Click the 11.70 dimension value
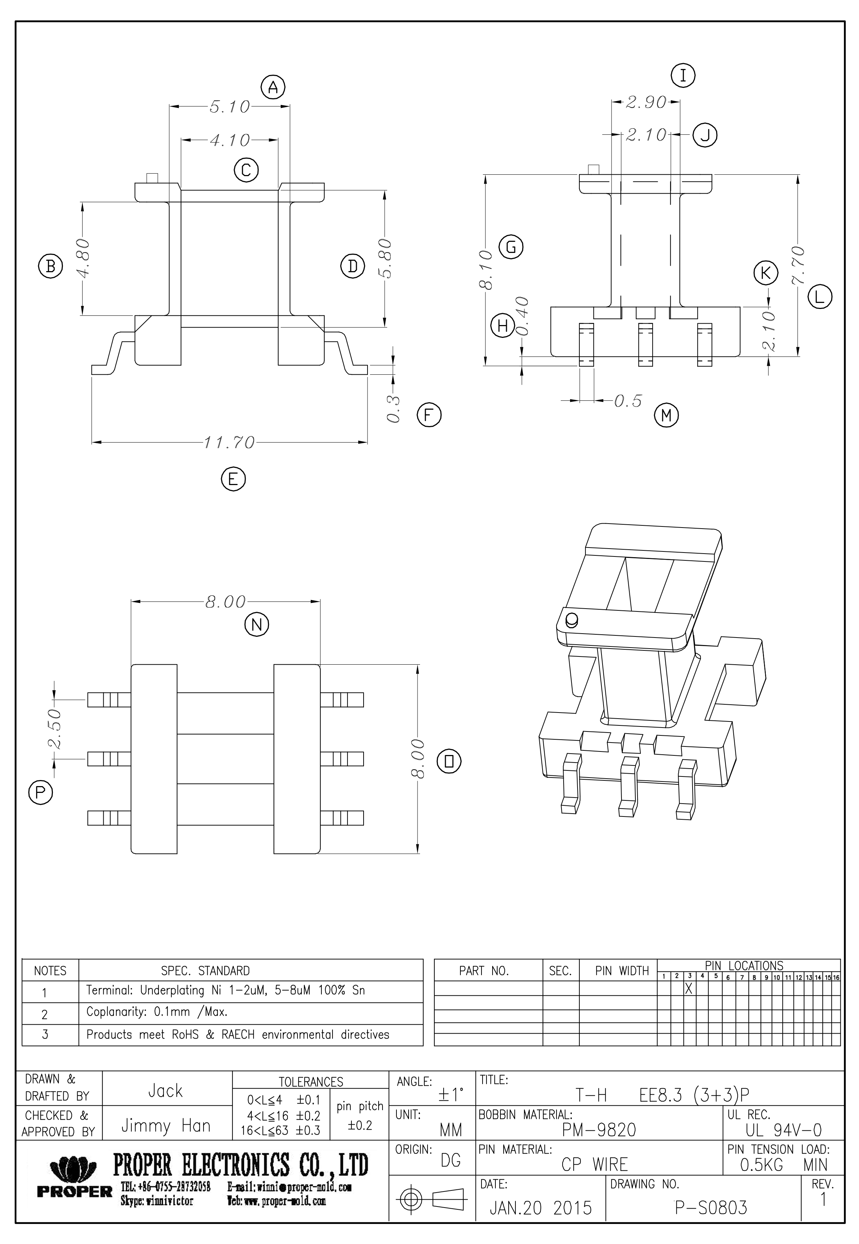(x=229, y=442)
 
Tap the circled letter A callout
(x=273, y=87)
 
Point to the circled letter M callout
(x=666, y=415)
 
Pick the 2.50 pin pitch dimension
(x=54, y=729)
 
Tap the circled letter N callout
(x=257, y=625)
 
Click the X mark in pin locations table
(x=688, y=988)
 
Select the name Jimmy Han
(x=165, y=1126)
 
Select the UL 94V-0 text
(x=783, y=1130)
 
